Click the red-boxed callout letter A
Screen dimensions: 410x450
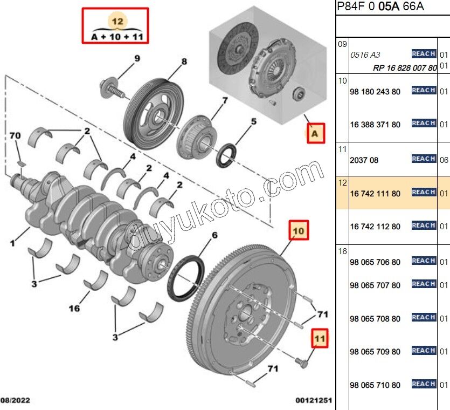(x=316, y=133)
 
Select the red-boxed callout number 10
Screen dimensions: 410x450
(x=299, y=231)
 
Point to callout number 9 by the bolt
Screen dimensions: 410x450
(x=136, y=58)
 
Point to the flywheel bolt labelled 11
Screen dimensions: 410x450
(x=302, y=365)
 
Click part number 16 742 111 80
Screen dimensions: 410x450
(x=375, y=193)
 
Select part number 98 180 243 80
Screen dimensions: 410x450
(x=375, y=92)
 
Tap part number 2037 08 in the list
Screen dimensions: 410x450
(x=364, y=160)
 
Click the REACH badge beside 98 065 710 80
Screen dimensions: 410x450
(x=423, y=384)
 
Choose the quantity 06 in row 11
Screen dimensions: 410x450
(x=444, y=160)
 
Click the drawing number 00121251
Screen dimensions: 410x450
(x=313, y=400)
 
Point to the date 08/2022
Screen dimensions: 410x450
(x=16, y=400)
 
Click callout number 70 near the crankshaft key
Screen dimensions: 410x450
(x=15, y=135)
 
